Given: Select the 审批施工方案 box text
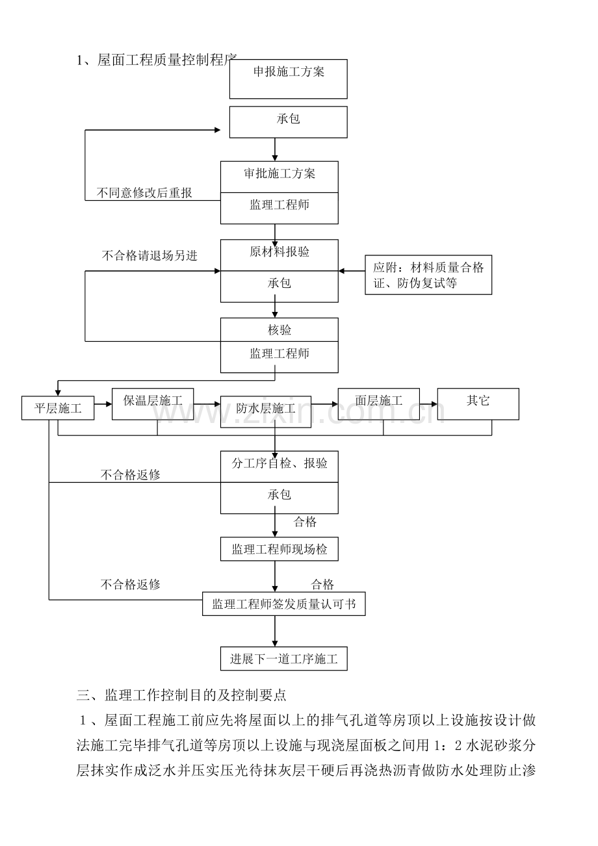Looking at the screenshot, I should tap(279, 174).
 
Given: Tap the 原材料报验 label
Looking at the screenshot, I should tap(279, 252).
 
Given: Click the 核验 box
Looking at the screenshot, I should tap(279, 330).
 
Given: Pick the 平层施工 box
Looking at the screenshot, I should tap(58, 409).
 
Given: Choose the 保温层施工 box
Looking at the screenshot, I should tap(153, 400).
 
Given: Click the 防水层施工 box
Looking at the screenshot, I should tap(266, 409).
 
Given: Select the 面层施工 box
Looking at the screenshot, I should tap(379, 400).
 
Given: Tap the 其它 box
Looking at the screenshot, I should tap(478, 400).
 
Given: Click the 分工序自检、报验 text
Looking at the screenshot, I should tap(279, 464).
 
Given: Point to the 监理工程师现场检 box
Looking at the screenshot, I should tap(279, 550).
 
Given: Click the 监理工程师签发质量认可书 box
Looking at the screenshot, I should tap(284, 604).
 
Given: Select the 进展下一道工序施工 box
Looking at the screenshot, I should tap(283, 659).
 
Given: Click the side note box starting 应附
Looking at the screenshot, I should tap(428, 275).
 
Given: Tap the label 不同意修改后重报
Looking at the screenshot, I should tap(144, 193).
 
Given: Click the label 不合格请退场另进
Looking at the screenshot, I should tap(149, 255).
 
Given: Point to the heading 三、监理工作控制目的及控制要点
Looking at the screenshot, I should tap(181, 695).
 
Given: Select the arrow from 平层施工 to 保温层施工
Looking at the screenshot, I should tap(103, 404).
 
